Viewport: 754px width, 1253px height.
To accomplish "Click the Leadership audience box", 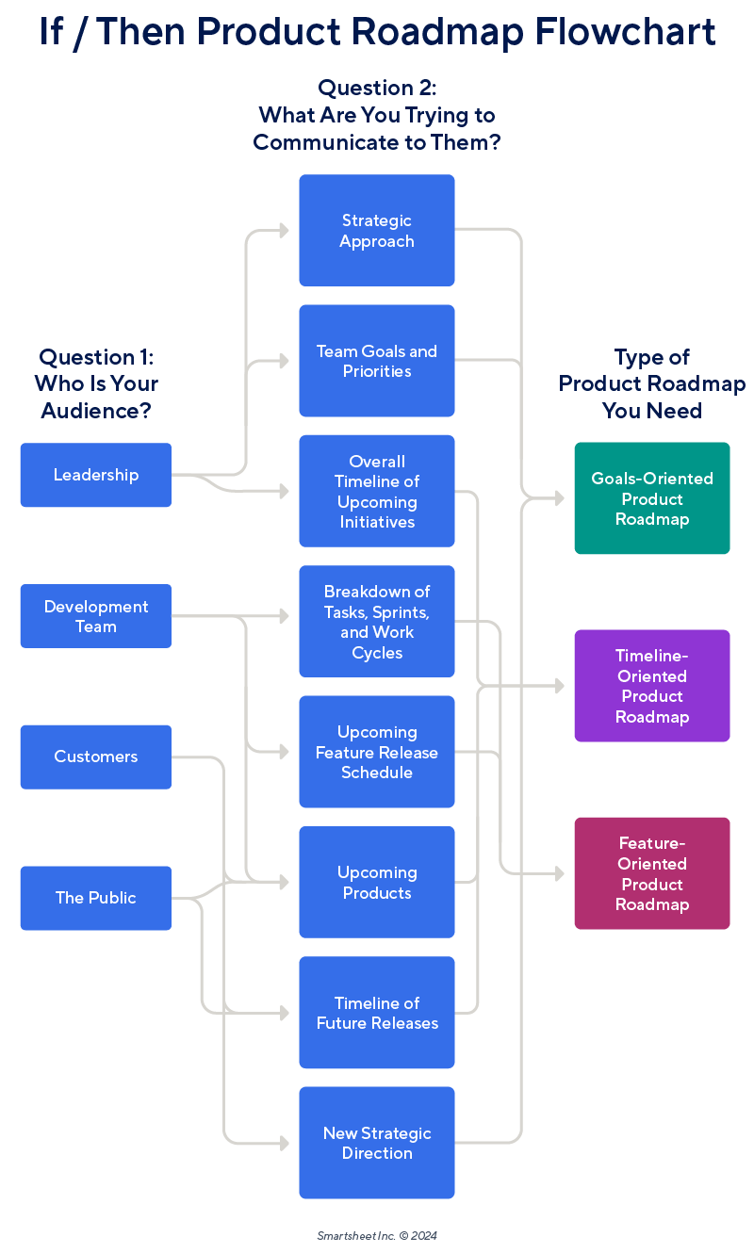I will tap(95, 475).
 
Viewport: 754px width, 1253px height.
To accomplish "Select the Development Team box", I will tap(95, 616).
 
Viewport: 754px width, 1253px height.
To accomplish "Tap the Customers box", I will tap(95, 757).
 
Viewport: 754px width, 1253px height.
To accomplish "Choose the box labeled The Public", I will tap(95, 898).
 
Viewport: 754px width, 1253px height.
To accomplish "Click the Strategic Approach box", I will tap(377, 231).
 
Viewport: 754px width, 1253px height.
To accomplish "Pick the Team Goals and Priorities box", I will tap(377, 361).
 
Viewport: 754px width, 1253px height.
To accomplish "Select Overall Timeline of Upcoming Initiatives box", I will tap(377, 491).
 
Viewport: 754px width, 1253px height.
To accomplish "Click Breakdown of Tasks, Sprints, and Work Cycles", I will tap(377, 622).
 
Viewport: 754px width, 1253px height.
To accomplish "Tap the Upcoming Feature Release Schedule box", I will tap(377, 752).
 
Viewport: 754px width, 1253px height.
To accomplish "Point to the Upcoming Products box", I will tap(377, 883).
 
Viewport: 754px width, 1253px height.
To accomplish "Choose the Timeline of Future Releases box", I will tap(377, 1013).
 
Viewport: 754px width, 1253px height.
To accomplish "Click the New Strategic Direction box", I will tap(377, 1143).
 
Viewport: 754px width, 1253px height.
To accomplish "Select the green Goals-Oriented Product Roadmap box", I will tap(652, 498).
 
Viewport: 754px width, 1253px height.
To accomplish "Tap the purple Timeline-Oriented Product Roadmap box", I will tap(652, 686).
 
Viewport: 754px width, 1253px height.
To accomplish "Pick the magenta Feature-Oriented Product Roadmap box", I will tap(652, 873).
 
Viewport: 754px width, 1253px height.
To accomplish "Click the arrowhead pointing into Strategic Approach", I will tap(284, 230).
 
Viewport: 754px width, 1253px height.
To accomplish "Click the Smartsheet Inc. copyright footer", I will tap(377, 1235).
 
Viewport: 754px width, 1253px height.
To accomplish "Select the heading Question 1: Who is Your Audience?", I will tap(95, 383).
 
